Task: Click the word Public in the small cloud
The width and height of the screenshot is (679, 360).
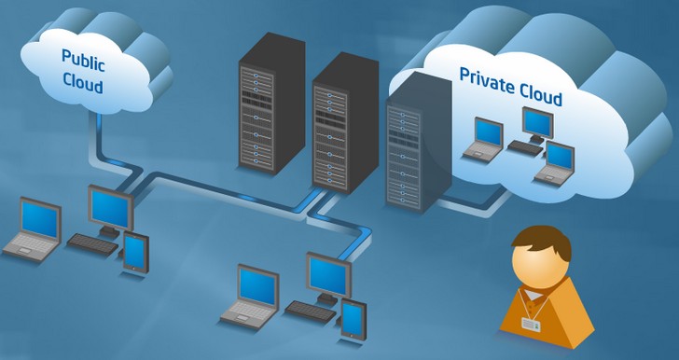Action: tap(83, 61)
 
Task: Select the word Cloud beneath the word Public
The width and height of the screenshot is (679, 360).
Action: tap(83, 83)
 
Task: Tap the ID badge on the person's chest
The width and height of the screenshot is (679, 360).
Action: tap(531, 324)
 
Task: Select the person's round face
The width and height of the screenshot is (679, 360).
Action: tap(539, 262)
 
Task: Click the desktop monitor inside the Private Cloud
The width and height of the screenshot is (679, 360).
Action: tap(537, 123)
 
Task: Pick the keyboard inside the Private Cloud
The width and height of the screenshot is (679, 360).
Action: tap(525, 147)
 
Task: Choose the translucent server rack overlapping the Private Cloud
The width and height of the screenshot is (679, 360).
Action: tap(419, 143)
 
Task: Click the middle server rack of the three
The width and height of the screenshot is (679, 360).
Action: tap(345, 122)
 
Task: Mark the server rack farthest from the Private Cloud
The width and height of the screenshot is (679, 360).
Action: tap(272, 104)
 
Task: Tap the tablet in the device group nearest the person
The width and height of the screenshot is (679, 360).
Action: tap(353, 318)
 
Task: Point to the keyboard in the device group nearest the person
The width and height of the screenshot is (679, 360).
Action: tap(311, 312)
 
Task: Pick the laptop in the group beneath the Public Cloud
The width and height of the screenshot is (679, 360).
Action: tap(34, 229)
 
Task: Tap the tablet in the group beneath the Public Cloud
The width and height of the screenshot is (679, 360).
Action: tap(135, 253)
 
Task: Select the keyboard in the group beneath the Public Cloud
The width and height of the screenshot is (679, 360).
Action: tap(92, 244)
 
